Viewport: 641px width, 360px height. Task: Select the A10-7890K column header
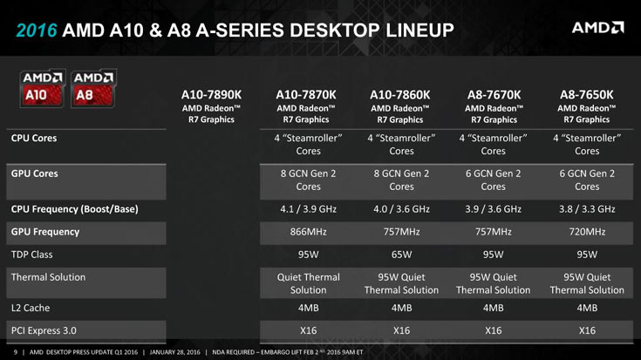pyautogui.click(x=210, y=94)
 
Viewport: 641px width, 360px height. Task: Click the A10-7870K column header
pyautogui.click(x=306, y=94)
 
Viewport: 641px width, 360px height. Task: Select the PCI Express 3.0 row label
pyautogui.click(x=44, y=331)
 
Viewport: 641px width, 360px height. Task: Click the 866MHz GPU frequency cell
pyautogui.click(x=306, y=232)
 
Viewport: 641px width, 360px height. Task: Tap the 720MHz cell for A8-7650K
pyautogui.click(x=586, y=232)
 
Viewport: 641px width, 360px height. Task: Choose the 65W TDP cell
pyautogui.click(x=401, y=255)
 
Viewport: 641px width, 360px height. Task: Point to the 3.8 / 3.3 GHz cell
pyautogui.click(x=586, y=208)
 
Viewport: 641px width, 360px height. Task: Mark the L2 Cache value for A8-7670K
pyautogui.click(x=494, y=308)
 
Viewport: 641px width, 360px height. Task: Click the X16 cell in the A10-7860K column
pyautogui.click(x=401, y=331)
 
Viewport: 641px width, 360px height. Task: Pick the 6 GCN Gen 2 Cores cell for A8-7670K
pyautogui.click(x=494, y=179)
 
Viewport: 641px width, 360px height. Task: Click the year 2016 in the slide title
pyautogui.click(x=37, y=31)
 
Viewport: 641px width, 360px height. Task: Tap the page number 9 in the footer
pyautogui.click(x=16, y=352)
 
